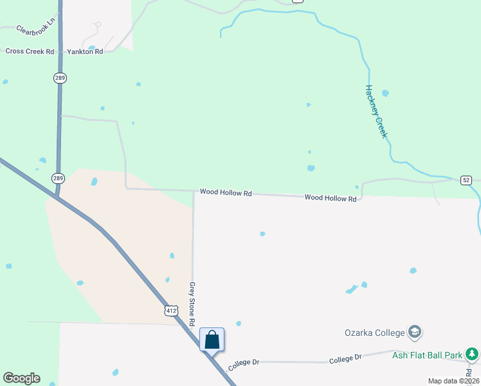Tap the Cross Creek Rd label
(30, 51)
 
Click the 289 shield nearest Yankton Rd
(60, 78)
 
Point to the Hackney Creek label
(376, 111)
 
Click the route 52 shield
(467, 181)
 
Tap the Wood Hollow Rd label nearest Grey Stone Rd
(225, 192)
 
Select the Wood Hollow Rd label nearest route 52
(330, 199)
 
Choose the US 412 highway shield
(170, 311)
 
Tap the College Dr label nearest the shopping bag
(242, 362)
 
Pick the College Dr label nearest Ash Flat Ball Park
(346, 358)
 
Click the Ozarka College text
(374, 333)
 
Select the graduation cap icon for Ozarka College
(415, 332)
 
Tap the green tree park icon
(472, 354)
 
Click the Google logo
(21, 378)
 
